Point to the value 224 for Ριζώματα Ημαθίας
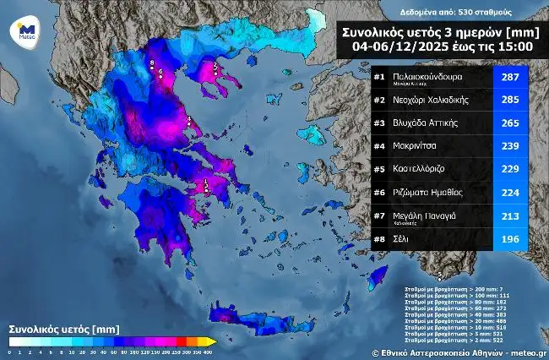pos(511,192)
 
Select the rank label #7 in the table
pos(379,215)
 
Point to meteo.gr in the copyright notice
pos(529,352)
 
